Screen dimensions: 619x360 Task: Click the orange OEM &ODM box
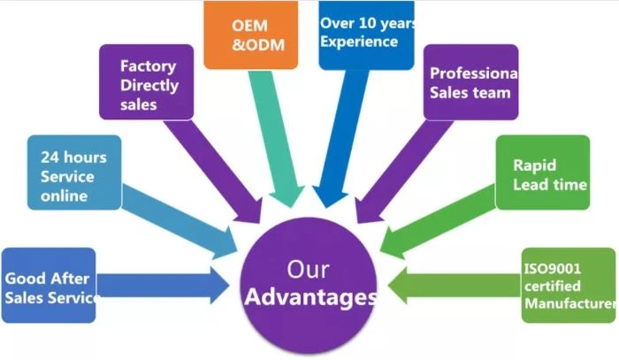click(250, 34)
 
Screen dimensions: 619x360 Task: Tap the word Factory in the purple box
click(148, 66)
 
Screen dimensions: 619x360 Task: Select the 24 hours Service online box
click(74, 172)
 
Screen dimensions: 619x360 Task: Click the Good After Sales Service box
click(49, 285)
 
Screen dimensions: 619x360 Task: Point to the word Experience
click(359, 42)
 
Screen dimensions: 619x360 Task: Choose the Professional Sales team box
click(470, 82)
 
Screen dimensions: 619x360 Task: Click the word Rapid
click(534, 165)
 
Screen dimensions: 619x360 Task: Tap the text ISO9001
click(553, 269)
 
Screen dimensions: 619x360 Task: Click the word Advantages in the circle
click(310, 297)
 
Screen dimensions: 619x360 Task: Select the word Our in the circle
click(308, 270)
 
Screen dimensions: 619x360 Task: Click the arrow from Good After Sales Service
click(163, 286)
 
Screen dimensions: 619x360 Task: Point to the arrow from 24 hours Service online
click(180, 221)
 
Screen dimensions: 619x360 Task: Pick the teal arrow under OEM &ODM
click(275, 138)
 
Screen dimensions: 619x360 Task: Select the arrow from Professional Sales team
click(402, 171)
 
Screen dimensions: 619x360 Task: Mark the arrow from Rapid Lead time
click(438, 221)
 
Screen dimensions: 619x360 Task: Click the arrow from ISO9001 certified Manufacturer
click(454, 286)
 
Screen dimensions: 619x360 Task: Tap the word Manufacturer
click(570, 303)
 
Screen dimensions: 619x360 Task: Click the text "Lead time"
click(550, 185)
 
